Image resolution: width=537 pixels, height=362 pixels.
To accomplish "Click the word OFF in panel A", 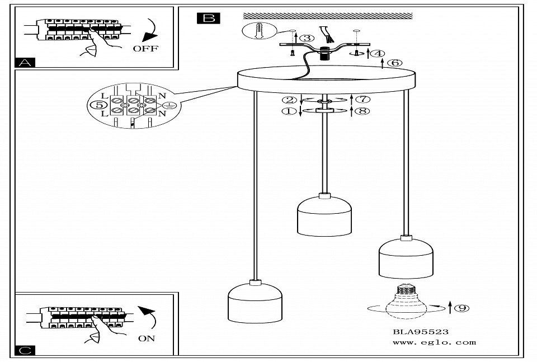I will [x=145, y=49].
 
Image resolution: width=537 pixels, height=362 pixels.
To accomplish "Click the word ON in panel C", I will [x=147, y=338].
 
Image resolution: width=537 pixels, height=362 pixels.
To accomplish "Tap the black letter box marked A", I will [x=25, y=63].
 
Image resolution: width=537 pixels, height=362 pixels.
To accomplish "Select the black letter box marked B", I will [x=209, y=18].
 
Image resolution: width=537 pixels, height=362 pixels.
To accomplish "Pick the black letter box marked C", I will [x=25, y=350].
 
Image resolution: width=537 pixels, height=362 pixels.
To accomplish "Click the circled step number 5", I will [x=98, y=104].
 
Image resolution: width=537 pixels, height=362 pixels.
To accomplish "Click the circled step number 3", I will [x=307, y=38].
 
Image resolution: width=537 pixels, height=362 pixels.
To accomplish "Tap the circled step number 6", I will [x=394, y=63].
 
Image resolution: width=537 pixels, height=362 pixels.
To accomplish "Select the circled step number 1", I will [x=289, y=111].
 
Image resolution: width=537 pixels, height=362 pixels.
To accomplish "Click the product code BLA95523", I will [x=421, y=332].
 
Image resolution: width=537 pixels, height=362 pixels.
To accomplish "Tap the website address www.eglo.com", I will [x=434, y=342].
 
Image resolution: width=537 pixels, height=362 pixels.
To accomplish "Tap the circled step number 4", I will [x=379, y=54].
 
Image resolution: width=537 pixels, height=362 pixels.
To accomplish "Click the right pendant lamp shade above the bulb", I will [x=406, y=258].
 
